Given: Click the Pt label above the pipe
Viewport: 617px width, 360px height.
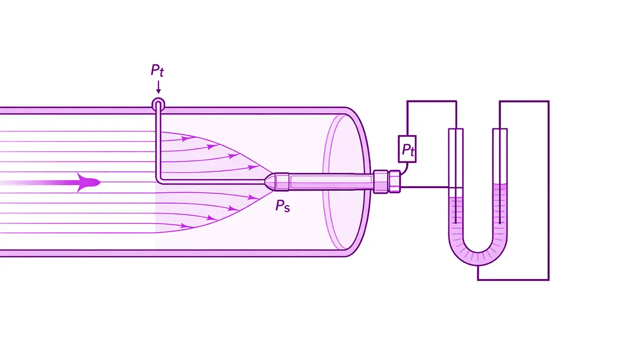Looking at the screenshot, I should coord(157,70).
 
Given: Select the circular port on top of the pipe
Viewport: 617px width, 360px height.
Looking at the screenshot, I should coord(158,104).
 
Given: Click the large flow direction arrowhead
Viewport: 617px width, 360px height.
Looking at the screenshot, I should coord(87,183).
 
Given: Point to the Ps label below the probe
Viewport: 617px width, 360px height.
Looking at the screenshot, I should coord(282,206).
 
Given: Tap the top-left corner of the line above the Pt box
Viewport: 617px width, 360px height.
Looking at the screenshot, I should coord(408,101).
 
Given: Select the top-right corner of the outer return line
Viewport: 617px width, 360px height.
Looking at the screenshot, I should coord(549,101).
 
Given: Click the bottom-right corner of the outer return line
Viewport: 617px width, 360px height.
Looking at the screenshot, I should coord(549,280).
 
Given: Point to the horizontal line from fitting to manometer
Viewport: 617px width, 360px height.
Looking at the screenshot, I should coord(424,188).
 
